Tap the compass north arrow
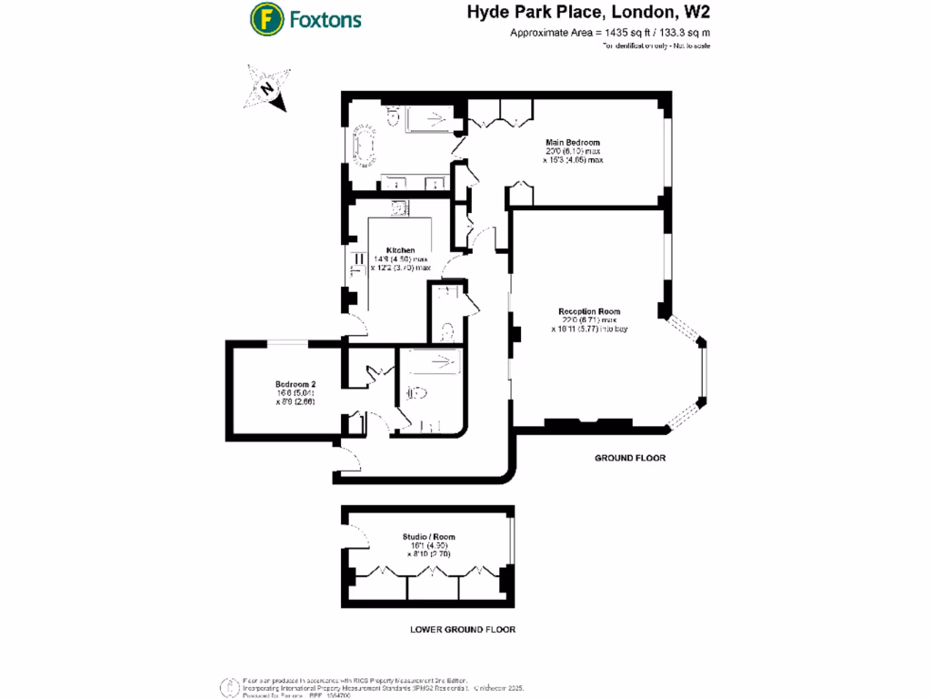[267, 88]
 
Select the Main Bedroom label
[572, 143]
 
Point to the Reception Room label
[588, 311]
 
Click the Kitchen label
[401, 250]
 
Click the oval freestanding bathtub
[365, 147]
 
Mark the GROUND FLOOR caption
[631, 459]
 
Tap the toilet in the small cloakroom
[446, 332]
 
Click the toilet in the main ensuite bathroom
[395, 115]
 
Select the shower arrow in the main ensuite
[435, 116]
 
